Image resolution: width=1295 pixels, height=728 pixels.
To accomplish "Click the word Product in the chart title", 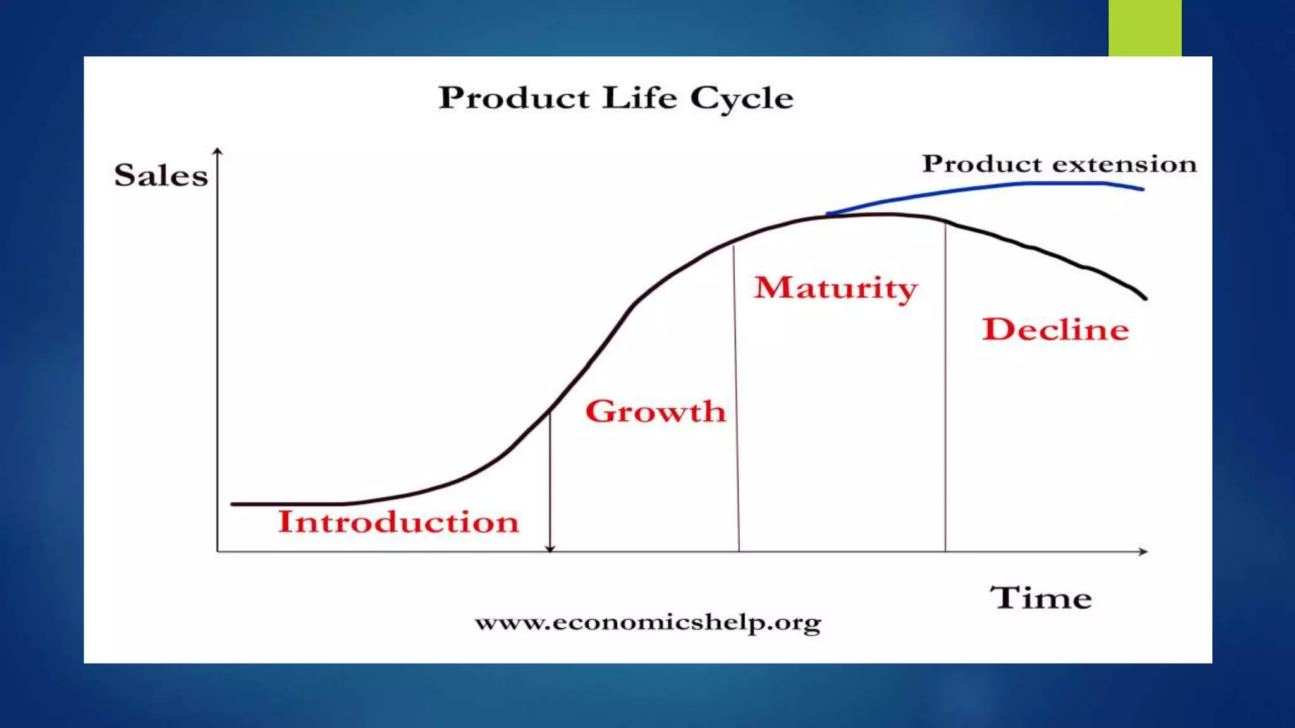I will pos(514,99).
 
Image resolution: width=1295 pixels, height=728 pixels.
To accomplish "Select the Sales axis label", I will pos(161,176).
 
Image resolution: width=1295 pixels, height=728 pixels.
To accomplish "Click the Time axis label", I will pos(1041,598).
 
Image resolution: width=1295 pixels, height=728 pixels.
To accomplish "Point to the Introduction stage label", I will pos(398,522).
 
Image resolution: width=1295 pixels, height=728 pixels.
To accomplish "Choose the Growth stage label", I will pos(655,411).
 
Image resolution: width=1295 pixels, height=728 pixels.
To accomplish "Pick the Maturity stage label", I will pos(835,288).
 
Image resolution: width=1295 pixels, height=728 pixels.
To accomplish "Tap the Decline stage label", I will pos(1055,330).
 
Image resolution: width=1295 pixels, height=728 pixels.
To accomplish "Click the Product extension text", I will pos(1059,164).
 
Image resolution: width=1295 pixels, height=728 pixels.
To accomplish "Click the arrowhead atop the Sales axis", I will pos(218,151).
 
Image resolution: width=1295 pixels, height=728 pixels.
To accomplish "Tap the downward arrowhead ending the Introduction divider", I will pos(550,548).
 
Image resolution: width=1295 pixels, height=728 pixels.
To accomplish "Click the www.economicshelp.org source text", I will pos(648,623).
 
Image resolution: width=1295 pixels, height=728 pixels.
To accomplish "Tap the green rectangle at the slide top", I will pos(1145,28).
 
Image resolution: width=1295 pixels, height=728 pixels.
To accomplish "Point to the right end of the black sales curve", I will pos(1145,298).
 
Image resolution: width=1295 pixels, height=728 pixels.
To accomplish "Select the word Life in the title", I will pos(639,99).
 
